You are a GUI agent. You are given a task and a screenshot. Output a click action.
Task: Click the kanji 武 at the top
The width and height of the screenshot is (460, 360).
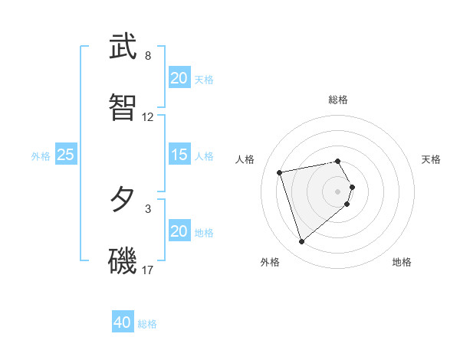click(123, 47)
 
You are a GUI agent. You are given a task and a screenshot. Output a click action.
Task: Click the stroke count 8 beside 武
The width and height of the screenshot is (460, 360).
click(148, 56)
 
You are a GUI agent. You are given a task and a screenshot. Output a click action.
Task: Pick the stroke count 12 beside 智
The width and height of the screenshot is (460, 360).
click(148, 117)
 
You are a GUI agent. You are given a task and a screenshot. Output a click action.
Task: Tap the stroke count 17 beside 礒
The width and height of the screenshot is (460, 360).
click(148, 270)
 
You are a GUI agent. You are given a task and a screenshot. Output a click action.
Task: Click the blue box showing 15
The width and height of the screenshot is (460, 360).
click(179, 155)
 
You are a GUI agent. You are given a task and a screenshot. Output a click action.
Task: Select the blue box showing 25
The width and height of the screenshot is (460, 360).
click(65, 155)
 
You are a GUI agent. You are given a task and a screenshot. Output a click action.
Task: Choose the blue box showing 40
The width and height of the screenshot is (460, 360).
click(122, 323)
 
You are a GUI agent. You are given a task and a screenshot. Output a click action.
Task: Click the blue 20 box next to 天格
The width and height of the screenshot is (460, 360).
click(179, 79)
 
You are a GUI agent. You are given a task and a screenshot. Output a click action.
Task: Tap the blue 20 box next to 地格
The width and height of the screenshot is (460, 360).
click(179, 232)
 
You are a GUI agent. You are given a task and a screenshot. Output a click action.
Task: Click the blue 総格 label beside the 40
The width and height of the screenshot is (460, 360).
click(147, 324)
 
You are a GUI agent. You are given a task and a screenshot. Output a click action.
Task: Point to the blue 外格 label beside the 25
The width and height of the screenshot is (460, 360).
click(41, 156)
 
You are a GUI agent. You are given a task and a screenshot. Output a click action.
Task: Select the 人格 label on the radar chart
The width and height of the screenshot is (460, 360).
click(245, 159)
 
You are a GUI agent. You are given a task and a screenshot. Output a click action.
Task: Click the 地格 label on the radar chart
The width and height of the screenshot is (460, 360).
click(402, 262)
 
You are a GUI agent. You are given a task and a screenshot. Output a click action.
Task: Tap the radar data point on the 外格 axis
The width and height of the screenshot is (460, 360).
click(301, 242)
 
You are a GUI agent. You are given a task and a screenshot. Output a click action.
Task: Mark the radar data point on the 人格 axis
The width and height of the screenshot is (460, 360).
click(280, 172)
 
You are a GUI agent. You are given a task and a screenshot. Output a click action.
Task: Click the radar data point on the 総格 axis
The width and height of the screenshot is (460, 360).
click(338, 161)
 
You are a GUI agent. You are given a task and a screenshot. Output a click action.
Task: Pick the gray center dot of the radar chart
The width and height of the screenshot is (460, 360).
click(338, 191)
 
